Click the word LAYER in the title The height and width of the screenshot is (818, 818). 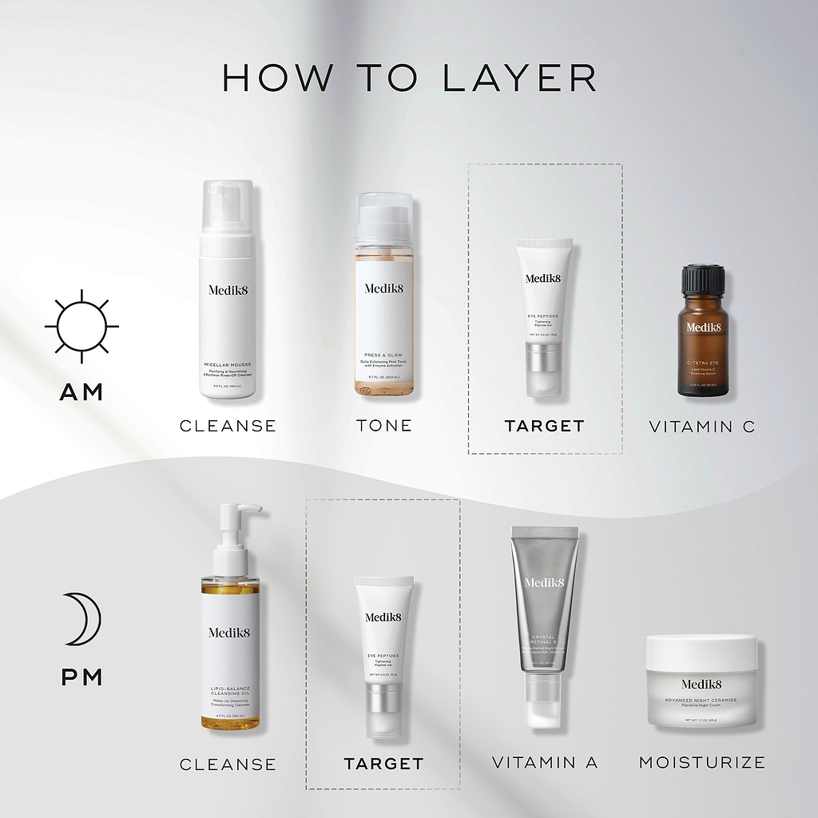[518, 78]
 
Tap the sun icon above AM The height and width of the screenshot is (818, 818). [81, 326]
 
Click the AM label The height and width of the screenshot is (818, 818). [81, 392]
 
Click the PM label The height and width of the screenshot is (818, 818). [81, 677]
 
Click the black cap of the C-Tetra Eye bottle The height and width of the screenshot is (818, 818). [703, 280]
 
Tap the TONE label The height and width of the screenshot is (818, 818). [384, 426]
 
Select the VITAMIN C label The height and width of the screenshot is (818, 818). [702, 427]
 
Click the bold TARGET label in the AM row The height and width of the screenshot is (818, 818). [545, 426]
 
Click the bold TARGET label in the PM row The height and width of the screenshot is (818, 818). [383, 764]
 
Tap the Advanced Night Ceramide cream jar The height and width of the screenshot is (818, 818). [701, 681]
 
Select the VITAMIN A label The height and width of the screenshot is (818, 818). [545, 763]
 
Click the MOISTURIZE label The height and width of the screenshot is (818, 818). [702, 763]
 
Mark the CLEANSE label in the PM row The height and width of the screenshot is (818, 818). [228, 764]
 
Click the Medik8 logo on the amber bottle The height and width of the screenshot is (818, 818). [703, 327]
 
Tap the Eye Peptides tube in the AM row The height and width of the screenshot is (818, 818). [544, 316]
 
